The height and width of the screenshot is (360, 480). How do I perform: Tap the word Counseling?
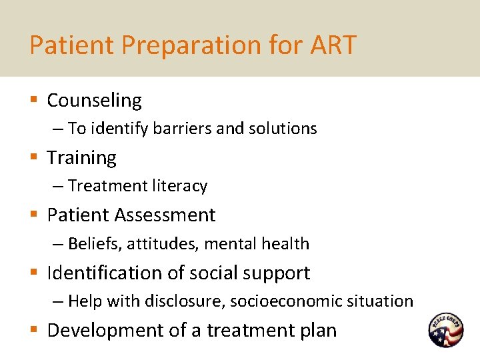point(94,101)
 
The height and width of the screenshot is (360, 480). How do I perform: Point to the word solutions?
point(283,129)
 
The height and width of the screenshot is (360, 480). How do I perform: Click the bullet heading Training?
point(81,158)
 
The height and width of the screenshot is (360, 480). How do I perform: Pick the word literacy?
point(179,186)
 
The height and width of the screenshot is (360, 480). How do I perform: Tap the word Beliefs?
point(93,244)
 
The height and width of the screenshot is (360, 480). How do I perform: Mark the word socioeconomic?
point(287,301)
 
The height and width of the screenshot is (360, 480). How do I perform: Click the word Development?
point(103,331)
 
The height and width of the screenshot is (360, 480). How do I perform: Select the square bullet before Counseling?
point(33,101)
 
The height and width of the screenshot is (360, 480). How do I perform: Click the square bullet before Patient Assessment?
point(33,215)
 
